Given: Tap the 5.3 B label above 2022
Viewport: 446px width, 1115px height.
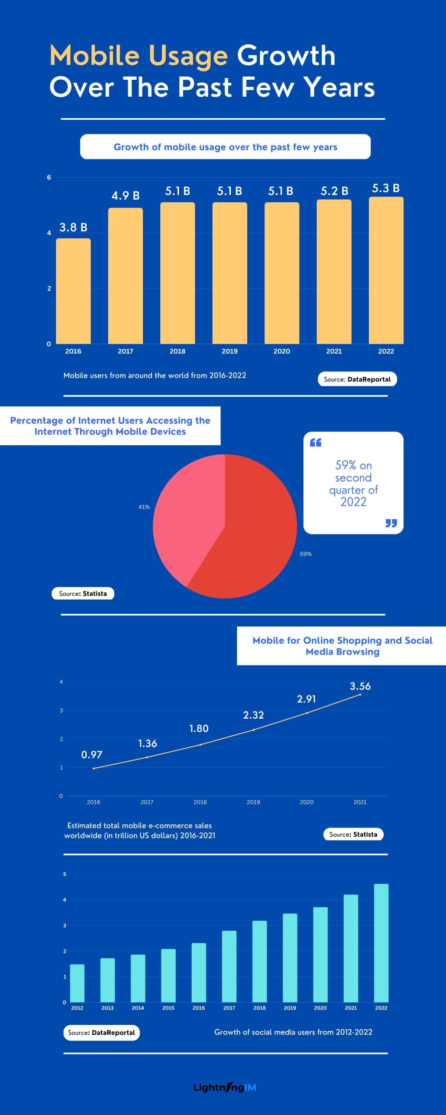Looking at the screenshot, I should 385,188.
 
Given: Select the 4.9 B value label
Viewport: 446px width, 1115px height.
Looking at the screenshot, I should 125,196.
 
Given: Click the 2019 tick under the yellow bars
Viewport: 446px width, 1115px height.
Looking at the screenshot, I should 230,351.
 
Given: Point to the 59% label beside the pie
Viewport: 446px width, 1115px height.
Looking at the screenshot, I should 305,554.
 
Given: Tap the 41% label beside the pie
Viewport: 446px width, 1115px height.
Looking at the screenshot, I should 144,507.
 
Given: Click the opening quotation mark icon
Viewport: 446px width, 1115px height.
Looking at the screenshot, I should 315,443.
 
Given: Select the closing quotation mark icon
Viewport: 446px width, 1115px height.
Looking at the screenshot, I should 391,523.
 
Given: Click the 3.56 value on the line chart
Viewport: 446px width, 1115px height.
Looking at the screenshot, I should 360,686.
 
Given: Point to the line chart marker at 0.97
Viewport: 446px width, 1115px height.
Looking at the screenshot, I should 94,768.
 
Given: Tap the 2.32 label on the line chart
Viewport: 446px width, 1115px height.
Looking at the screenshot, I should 253,715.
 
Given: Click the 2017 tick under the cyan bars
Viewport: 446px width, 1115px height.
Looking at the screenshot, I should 229,1008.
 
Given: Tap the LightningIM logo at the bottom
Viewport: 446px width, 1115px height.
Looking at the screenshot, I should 225,1087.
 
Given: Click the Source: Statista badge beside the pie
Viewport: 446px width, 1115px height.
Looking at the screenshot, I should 83,594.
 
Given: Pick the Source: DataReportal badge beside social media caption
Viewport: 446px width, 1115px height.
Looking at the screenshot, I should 101,1033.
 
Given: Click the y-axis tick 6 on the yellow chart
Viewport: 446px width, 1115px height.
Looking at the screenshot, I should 49,177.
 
